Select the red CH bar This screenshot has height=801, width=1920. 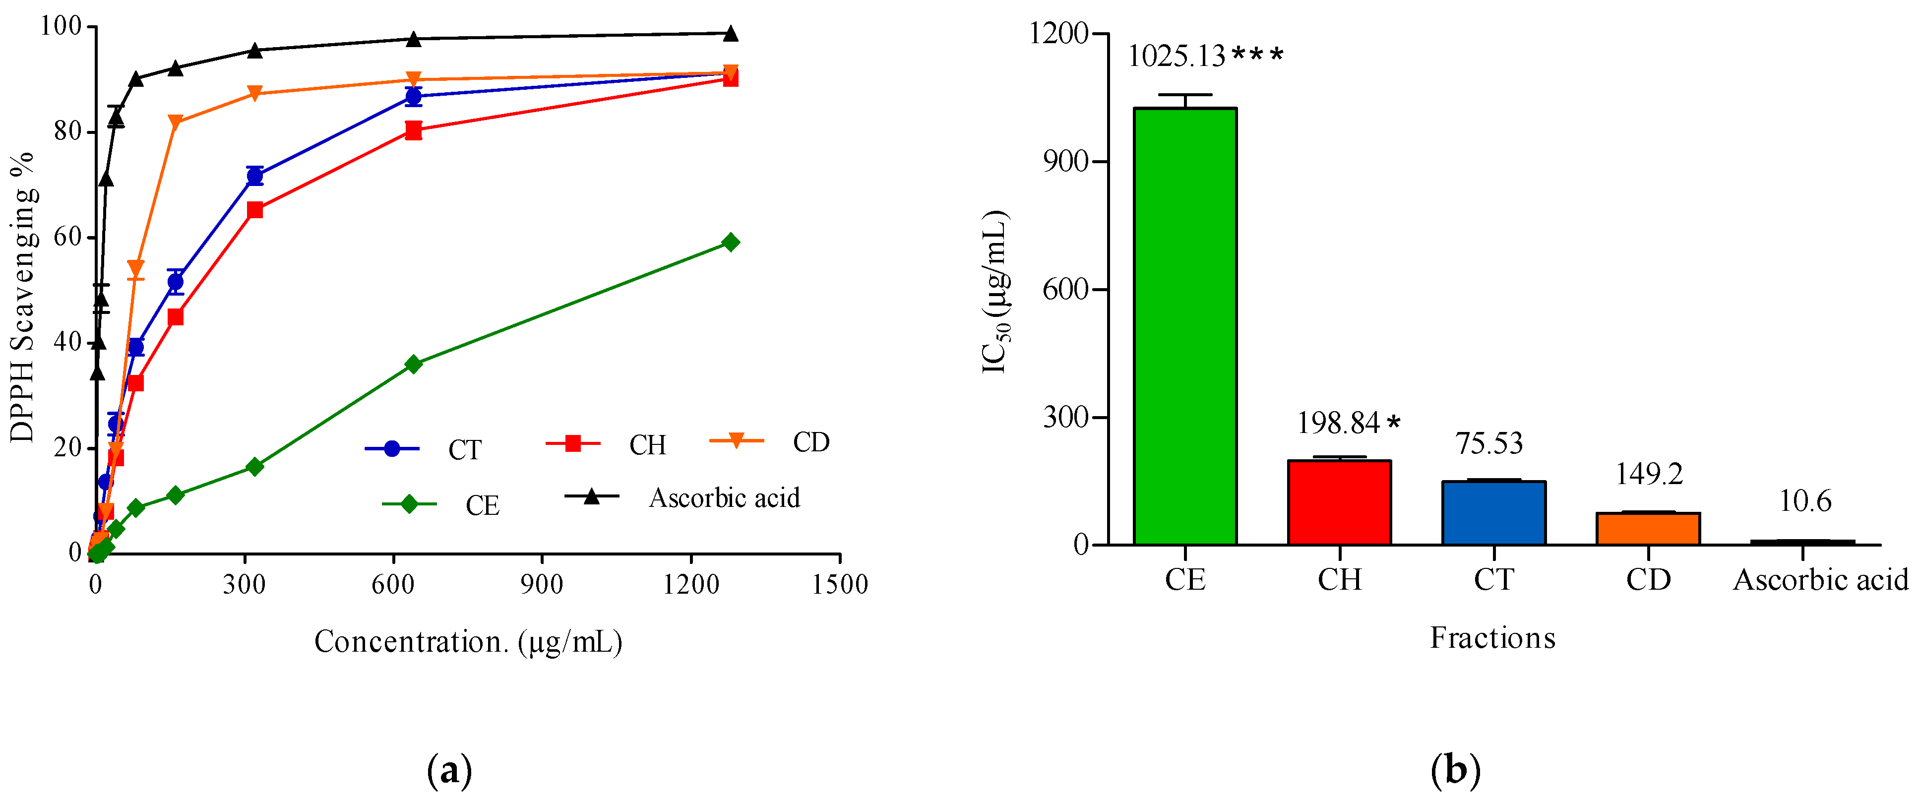[1339, 502]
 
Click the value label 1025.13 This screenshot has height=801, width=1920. [1176, 57]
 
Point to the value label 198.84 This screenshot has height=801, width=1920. [1339, 423]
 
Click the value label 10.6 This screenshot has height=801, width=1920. [1804, 501]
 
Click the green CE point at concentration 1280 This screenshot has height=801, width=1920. [731, 242]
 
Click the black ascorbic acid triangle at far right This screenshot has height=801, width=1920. [731, 34]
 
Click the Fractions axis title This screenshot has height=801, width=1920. [1492, 638]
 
